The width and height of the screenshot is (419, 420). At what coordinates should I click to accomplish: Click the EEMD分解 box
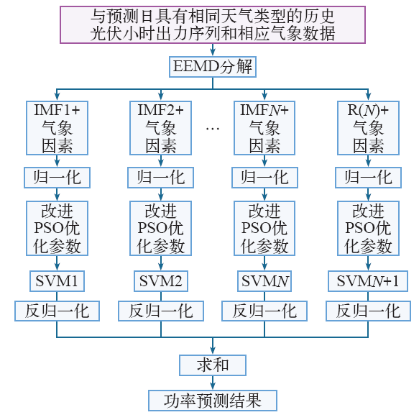[x=213, y=67]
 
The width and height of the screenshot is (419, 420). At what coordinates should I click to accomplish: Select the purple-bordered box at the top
[x=213, y=25]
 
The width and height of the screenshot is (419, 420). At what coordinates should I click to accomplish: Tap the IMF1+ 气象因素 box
[x=57, y=128]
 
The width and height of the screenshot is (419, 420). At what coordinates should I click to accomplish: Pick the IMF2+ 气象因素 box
[x=161, y=128]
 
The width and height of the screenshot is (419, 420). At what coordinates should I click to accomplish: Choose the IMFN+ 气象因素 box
[x=264, y=128]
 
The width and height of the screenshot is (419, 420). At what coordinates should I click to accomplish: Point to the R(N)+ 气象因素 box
[x=368, y=128]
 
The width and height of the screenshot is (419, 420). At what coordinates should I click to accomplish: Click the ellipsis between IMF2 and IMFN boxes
[x=213, y=129]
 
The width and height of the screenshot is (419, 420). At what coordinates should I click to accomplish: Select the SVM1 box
[x=57, y=281]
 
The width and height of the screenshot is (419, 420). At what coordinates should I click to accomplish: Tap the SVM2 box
[x=161, y=281]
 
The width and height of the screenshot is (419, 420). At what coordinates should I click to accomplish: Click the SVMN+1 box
[x=368, y=281]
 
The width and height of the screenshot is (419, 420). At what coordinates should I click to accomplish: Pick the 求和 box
[x=213, y=365]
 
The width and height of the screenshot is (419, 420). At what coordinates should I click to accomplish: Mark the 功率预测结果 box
[x=213, y=401]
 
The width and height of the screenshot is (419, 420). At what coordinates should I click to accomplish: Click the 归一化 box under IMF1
[x=57, y=178]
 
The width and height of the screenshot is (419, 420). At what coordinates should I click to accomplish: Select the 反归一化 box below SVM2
[x=161, y=311]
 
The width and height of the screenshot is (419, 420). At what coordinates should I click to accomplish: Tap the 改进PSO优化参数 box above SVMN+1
[x=368, y=228]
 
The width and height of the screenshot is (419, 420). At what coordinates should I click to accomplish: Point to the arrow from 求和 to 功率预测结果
[x=213, y=383]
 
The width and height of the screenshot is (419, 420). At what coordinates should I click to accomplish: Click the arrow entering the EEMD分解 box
[x=213, y=50]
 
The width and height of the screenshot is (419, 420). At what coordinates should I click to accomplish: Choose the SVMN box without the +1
[x=264, y=281]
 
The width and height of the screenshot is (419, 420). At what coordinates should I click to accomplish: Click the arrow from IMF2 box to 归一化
[x=161, y=161]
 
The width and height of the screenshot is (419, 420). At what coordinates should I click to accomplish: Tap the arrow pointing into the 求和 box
[x=213, y=346]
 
